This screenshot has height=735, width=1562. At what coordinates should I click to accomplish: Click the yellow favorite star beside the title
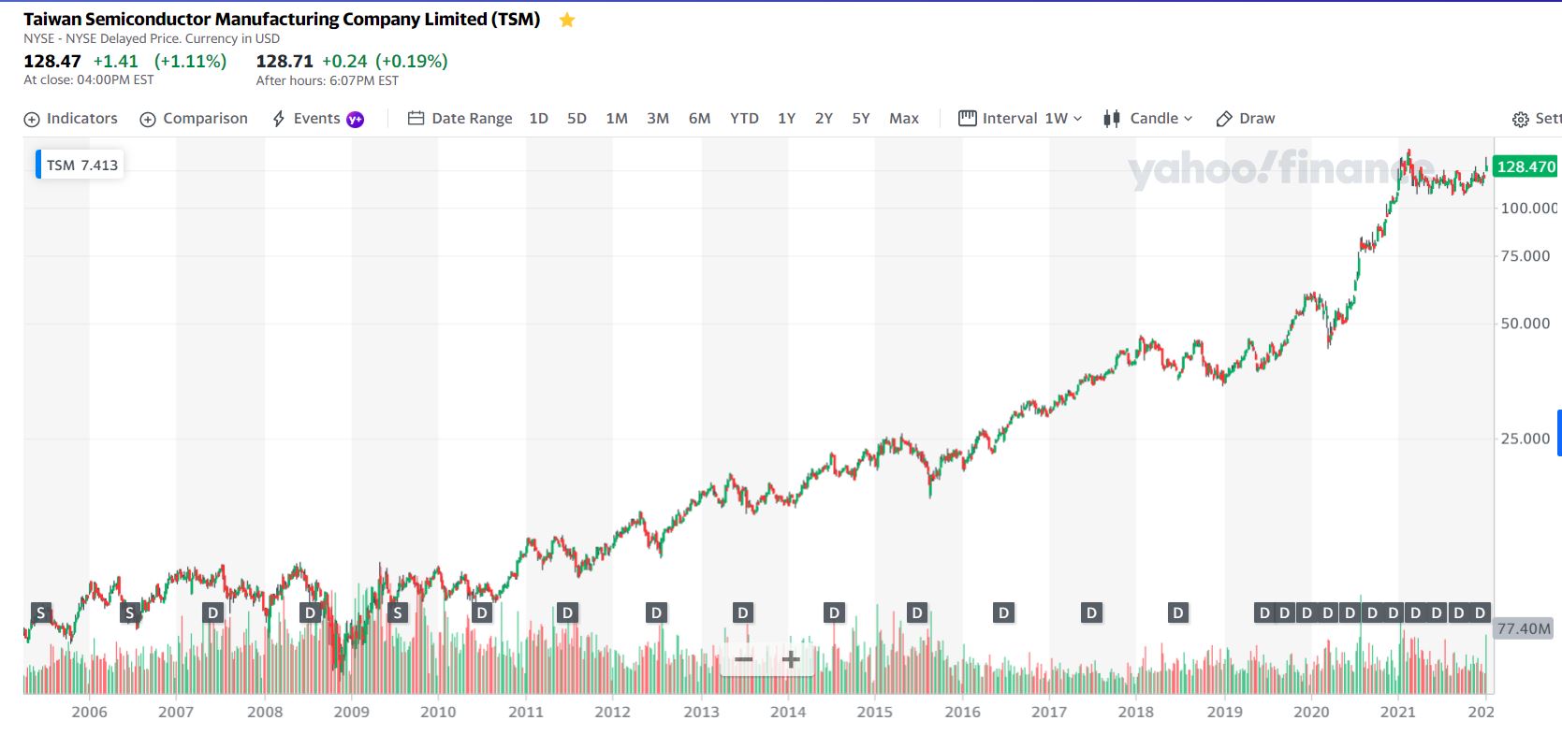point(567,21)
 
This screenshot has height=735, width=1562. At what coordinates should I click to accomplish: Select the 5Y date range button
point(861,119)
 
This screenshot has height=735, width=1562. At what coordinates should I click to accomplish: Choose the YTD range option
point(744,119)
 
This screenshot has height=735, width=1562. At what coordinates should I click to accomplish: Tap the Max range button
point(904,119)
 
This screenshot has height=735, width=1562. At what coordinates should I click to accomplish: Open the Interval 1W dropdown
point(1020,119)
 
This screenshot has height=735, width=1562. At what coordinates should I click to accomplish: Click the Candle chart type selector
point(1148,119)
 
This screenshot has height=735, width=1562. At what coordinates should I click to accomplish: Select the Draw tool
point(1246,119)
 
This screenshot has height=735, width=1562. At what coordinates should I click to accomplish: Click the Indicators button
point(71,119)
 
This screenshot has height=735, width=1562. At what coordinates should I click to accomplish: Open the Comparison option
point(194,119)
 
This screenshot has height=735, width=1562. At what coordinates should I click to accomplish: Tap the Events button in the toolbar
point(316,119)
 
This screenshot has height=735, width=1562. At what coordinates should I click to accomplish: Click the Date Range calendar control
point(460,119)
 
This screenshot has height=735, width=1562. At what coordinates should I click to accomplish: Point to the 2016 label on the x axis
point(962,712)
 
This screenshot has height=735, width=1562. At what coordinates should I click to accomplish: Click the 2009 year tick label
point(351,712)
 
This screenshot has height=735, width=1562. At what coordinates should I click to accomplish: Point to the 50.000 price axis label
point(1526,324)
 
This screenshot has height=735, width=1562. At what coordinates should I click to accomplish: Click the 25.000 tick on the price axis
point(1526,439)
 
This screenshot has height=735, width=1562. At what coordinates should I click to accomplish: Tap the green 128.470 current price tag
point(1526,167)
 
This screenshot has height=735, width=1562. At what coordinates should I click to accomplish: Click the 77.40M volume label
point(1524,628)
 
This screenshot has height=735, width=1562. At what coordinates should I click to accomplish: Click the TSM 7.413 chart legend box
point(81,166)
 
